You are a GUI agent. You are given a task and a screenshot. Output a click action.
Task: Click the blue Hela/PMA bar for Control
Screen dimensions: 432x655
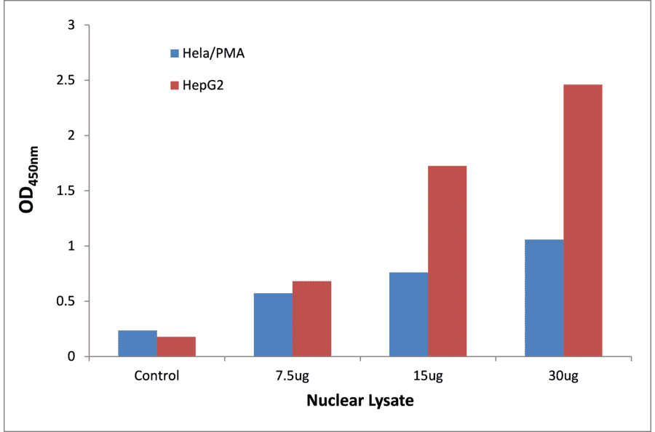click(x=138, y=343)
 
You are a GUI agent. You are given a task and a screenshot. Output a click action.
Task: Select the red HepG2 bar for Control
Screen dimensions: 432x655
click(x=176, y=347)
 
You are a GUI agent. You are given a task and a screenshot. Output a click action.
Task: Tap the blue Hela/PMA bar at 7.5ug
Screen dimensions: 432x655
click(x=273, y=325)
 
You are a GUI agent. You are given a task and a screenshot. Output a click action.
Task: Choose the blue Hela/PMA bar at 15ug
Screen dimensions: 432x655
click(x=408, y=314)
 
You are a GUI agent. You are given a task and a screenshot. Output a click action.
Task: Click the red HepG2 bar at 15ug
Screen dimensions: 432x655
click(x=447, y=261)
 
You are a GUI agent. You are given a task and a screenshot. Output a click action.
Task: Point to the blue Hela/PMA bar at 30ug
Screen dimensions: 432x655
click(x=544, y=298)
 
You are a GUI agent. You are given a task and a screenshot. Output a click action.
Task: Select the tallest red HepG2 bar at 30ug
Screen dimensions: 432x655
click(x=582, y=220)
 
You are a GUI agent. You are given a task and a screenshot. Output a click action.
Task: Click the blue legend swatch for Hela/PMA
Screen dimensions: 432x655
click(x=175, y=53)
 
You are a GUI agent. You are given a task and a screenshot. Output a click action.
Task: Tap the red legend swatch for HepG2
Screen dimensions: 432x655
click(x=175, y=87)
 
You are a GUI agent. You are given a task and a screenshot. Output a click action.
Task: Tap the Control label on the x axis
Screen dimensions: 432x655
click(x=156, y=376)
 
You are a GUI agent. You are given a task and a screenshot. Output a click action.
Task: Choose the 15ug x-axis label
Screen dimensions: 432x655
click(x=428, y=376)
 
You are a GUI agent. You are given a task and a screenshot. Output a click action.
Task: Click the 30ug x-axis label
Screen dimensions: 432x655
click(x=563, y=376)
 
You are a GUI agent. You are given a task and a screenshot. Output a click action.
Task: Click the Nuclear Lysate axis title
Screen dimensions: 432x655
click(x=360, y=401)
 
